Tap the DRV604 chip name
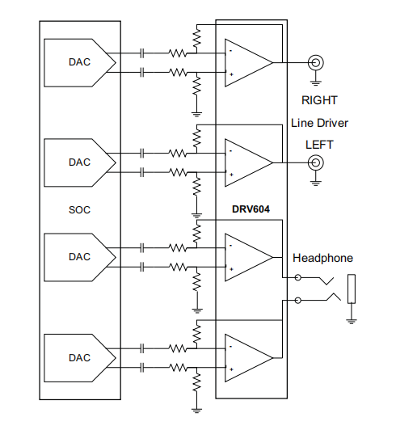251,209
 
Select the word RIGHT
319,101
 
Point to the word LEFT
319,145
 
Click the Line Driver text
319,123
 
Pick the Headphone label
322,258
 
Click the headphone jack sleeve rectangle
351,289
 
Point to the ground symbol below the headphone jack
351,320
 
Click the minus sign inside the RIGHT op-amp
231,51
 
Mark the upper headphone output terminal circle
298,277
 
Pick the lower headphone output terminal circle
298,300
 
